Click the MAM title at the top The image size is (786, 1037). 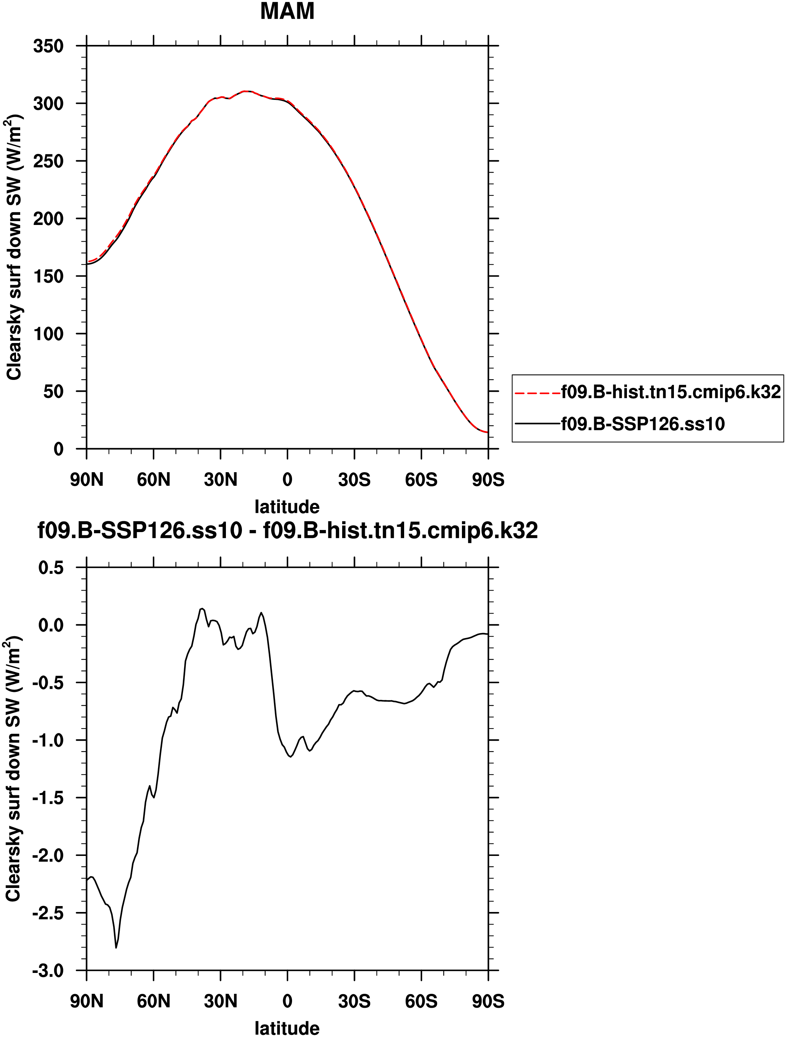[287, 11]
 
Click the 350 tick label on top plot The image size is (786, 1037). [48, 46]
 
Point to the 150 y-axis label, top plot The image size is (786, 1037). [48, 276]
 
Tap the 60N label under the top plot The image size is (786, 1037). [153, 479]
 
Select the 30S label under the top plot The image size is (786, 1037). [354, 479]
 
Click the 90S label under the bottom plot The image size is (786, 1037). [488, 1001]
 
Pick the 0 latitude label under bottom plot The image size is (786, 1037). [287, 1001]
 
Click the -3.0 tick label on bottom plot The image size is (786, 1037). [48, 971]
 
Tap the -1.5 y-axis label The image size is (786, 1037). [48, 798]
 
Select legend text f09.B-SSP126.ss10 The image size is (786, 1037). [643, 424]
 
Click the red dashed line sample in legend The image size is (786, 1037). [537, 392]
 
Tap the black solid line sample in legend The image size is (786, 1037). [537, 424]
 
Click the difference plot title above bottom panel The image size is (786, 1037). [287, 530]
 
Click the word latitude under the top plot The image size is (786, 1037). [287, 507]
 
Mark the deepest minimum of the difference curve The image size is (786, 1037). [116, 948]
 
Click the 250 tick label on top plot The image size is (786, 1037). [48, 161]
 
